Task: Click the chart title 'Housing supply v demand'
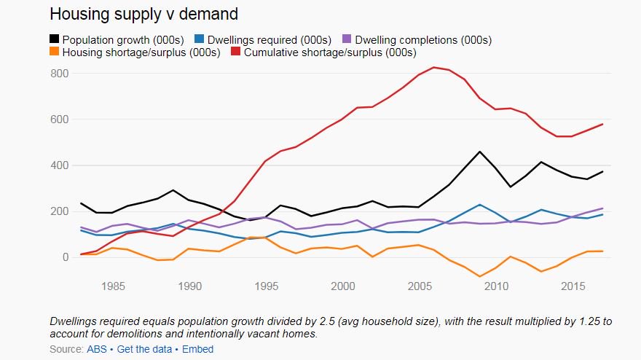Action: point(143,14)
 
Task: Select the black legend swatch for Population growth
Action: point(55,39)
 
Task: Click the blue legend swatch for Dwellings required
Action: point(200,39)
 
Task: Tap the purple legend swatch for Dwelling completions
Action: point(347,39)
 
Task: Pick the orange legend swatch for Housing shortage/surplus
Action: point(55,52)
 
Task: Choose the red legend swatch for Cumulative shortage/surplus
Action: point(236,52)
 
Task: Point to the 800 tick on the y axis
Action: point(59,74)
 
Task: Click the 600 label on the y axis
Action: point(59,120)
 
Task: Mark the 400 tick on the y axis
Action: point(59,165)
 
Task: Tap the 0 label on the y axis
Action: point(64,257)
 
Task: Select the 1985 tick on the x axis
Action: point(114,286)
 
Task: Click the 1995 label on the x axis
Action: point(266,286)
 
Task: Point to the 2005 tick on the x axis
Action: point(419,286)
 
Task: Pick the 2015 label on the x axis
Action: point(572,286)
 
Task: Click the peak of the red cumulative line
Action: point(434,68)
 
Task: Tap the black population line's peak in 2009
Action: point(480,152)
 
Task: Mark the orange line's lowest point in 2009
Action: point(480,277)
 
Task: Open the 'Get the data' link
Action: point(143,349)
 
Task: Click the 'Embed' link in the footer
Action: point(197,349)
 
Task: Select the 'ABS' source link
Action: point(96,349)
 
